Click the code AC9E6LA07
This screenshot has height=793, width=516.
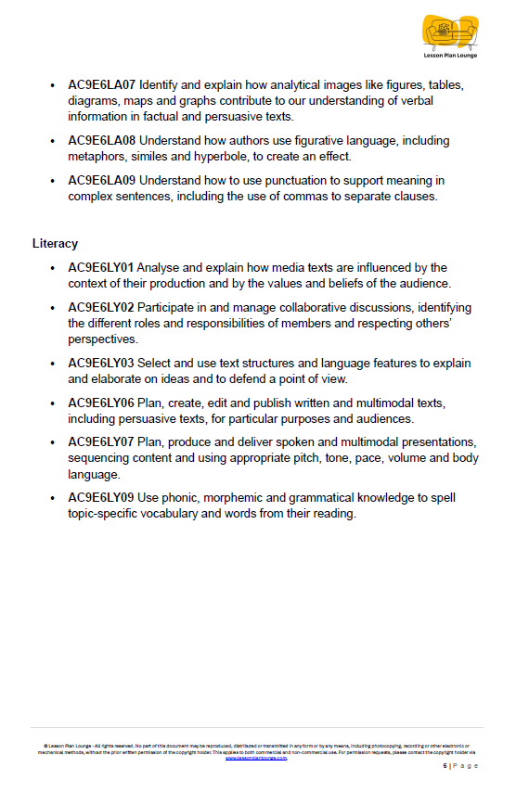click(x=101, y=85)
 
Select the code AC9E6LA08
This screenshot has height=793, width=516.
click(x=101, y=141)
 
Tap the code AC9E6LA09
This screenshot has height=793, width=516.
click(x=101, y=181)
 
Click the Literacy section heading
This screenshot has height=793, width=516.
click(x=55, y=244)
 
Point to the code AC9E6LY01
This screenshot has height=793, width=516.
click(x=101, y=268)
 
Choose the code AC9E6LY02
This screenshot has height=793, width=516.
click(x=101, y=308)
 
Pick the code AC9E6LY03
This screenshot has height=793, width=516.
click(x=101, y=363)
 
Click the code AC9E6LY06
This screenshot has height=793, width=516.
click(x=101, y=403)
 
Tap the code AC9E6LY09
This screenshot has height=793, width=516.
click(x=101, y=498)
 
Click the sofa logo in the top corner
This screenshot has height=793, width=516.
click(x=451, y=31)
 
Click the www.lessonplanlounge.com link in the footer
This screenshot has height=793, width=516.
click(x=256, y=758)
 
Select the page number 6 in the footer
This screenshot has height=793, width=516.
click(x=445, y=766)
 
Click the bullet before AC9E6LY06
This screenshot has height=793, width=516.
click(x=52, y=403)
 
